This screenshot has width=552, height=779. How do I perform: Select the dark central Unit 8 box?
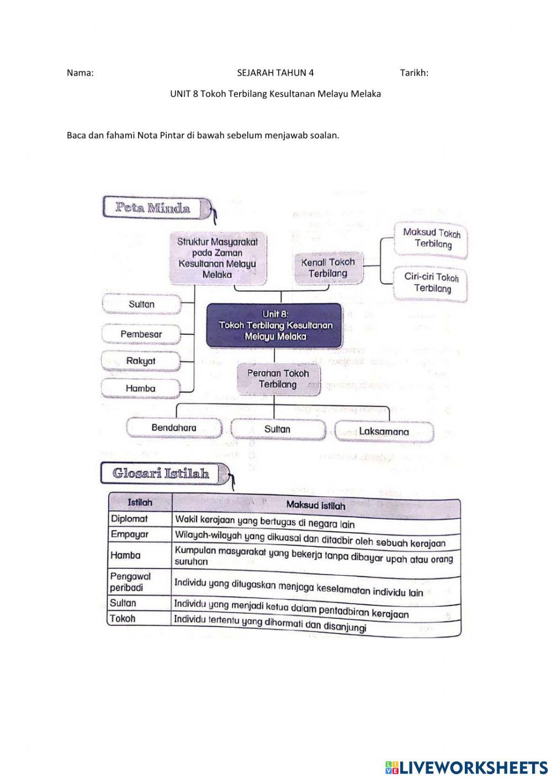coord(274,325)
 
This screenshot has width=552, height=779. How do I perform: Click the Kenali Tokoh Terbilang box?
coord(327,268)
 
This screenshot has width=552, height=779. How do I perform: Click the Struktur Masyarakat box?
coord(217,257)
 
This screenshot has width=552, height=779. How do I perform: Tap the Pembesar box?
coord(141,334)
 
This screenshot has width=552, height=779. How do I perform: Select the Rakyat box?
coord(141,361)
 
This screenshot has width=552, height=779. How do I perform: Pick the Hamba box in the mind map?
coord(141,388)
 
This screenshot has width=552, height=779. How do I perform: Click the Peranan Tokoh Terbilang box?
coord(278,379)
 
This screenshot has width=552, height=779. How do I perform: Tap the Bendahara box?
coord(174,428)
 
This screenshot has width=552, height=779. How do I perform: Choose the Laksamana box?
coord(384,432)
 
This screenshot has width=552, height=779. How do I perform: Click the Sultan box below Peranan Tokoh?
coord(277,429)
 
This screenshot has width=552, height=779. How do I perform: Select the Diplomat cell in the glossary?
coord(139,519)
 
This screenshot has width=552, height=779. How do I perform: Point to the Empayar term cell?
coord(139,534)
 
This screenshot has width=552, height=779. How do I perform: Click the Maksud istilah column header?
coord(315,504)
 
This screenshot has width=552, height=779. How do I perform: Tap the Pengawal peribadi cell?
coord(139,582)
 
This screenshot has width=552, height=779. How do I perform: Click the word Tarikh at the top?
coord(414,73)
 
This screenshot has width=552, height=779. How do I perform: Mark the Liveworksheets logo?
coord(466,767)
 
